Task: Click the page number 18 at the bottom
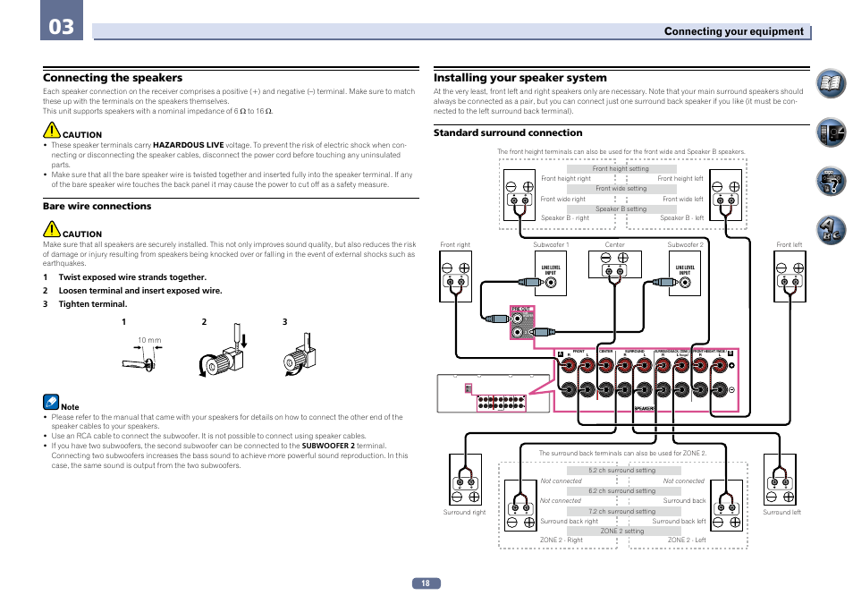click(x=426, y=583)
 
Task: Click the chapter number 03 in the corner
click(x=62, y=28)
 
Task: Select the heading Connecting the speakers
click(x=113, y=78)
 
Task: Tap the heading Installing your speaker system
click(x=519, y=78)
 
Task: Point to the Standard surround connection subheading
click(x=507, y=133)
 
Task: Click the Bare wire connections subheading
click(x=97, y=207)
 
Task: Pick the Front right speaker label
click(x=455, y=244)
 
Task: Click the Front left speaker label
click(x=789, y=244)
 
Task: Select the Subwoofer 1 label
click(x=551, y=244)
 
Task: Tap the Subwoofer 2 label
click(x=685, y=244)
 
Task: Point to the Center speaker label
click(x=615, y=244)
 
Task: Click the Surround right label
click(x=464, y=513)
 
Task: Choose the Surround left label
click(x=781, y=513)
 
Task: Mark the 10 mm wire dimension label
click(x=149, y=341)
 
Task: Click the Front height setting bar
click(x=621, y=169)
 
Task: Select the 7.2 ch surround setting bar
click(x=621, y=512)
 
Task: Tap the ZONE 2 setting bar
click(x=621, y=531)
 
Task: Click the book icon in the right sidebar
click(x=830, y=84)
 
